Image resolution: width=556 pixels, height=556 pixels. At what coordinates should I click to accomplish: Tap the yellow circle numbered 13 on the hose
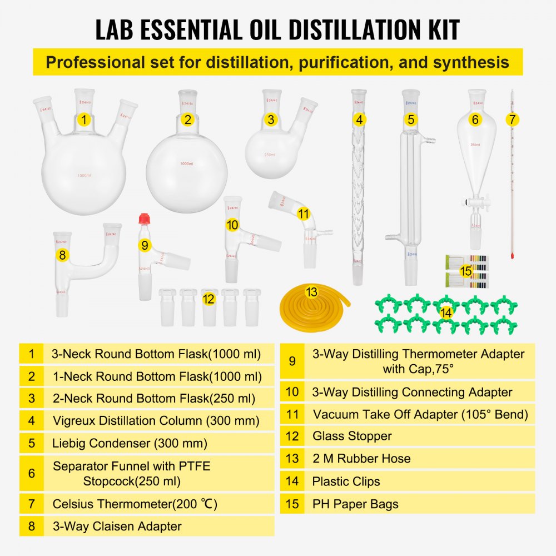click(x=311, y=291)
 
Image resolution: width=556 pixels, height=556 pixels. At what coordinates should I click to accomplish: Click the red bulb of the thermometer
click(x=511, y=255)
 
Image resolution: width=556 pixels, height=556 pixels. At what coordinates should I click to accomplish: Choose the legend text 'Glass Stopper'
click(x=352, y=436)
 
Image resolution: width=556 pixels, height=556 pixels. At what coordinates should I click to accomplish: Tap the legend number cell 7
click(x=32, y=504)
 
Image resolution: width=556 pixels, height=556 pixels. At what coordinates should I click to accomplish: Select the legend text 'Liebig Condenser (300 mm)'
click(x=130, y=443)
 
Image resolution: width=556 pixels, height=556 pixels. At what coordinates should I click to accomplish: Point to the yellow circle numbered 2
click(x=188, y=120)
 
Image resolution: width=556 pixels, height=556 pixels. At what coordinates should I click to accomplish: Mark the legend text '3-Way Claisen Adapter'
click(x=117, y=526)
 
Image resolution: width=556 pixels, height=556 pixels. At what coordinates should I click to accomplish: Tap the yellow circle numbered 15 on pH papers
click(x=466, y=271)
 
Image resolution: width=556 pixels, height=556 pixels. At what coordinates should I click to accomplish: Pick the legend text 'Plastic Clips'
click(x=346, y=481)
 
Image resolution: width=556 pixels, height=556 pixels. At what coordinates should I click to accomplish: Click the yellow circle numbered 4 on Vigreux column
click(x=360, y=120)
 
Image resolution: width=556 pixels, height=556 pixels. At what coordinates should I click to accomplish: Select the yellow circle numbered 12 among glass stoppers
click(x=209, y=299)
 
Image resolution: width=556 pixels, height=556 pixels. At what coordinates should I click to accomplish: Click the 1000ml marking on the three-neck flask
click(x=84, y=176)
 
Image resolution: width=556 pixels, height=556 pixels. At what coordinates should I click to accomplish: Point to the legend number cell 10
click(x=292, y=392)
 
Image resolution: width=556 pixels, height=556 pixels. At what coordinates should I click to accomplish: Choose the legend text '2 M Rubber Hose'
click(x=361, y=459)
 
